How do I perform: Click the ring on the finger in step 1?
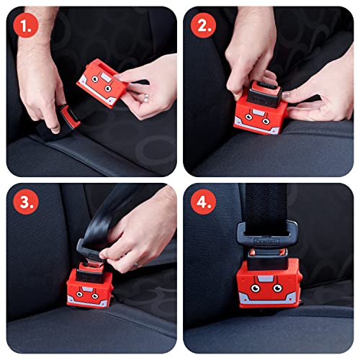coord(145,95)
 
